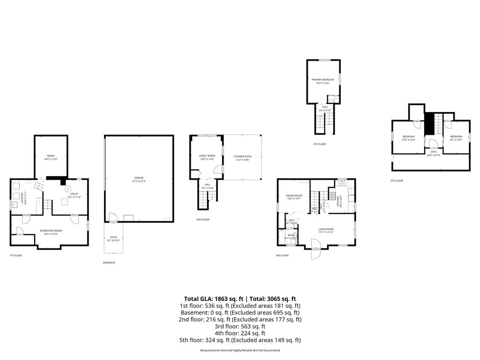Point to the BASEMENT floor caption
109,262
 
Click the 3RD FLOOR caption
282,255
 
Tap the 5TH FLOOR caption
397,180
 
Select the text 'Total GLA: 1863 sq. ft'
211,299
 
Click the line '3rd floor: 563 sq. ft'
240,326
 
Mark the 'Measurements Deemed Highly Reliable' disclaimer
240,350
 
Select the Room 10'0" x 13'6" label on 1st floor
51,157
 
